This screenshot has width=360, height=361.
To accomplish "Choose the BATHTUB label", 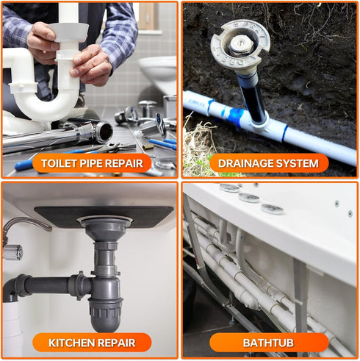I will [269, 343].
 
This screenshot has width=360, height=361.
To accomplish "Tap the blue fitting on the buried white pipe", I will [237, 116].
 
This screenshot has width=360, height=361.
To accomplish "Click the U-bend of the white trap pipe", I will [51, 103].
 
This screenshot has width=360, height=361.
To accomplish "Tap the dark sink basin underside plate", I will [103, 214].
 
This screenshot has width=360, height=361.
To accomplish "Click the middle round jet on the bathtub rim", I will [249, 198].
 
